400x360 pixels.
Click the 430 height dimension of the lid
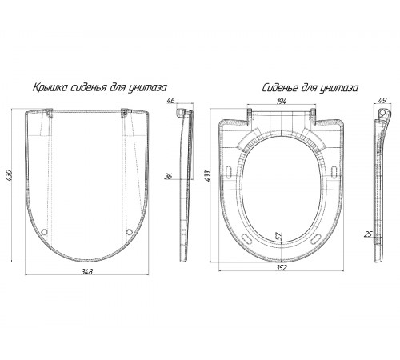[9, 175]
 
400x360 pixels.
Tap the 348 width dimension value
[87, 271]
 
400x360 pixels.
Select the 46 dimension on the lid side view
[170, 101]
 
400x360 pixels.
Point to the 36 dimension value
[169, 176]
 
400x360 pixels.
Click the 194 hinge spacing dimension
[282, 101]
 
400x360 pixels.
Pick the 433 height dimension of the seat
[207, 176]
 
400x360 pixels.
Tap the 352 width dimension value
[282, 267]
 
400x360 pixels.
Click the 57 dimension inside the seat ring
[278, 236]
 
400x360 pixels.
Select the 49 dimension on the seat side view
[382, 100]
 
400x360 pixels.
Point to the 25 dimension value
[368, 234]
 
